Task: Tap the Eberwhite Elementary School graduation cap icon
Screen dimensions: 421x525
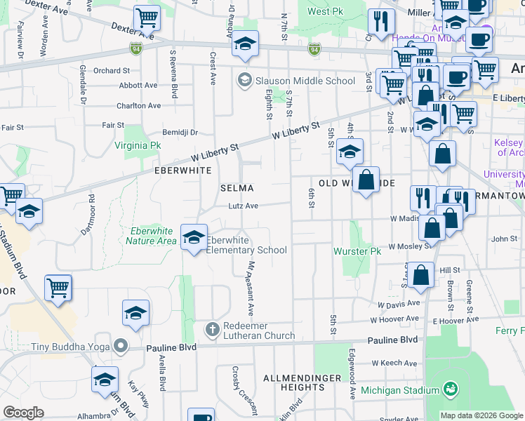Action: [x=194, y=237]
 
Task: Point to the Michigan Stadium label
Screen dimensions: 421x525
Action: [x=400, y=390]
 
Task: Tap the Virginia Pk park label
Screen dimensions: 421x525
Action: [x=138, y=146]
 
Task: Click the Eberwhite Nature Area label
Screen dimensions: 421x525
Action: [x=151, y=236]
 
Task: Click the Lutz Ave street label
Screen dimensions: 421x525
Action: [x=243, y=206]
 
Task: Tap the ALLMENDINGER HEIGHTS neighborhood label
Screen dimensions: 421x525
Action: [x=292, y=382]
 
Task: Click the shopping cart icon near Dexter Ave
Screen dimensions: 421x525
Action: [x=147, y=18]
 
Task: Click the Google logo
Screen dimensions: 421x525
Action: [x=23, y=413]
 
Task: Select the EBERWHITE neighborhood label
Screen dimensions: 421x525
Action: [x=182, y=171]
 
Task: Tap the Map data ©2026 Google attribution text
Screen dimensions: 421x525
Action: [x=481, y=415]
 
